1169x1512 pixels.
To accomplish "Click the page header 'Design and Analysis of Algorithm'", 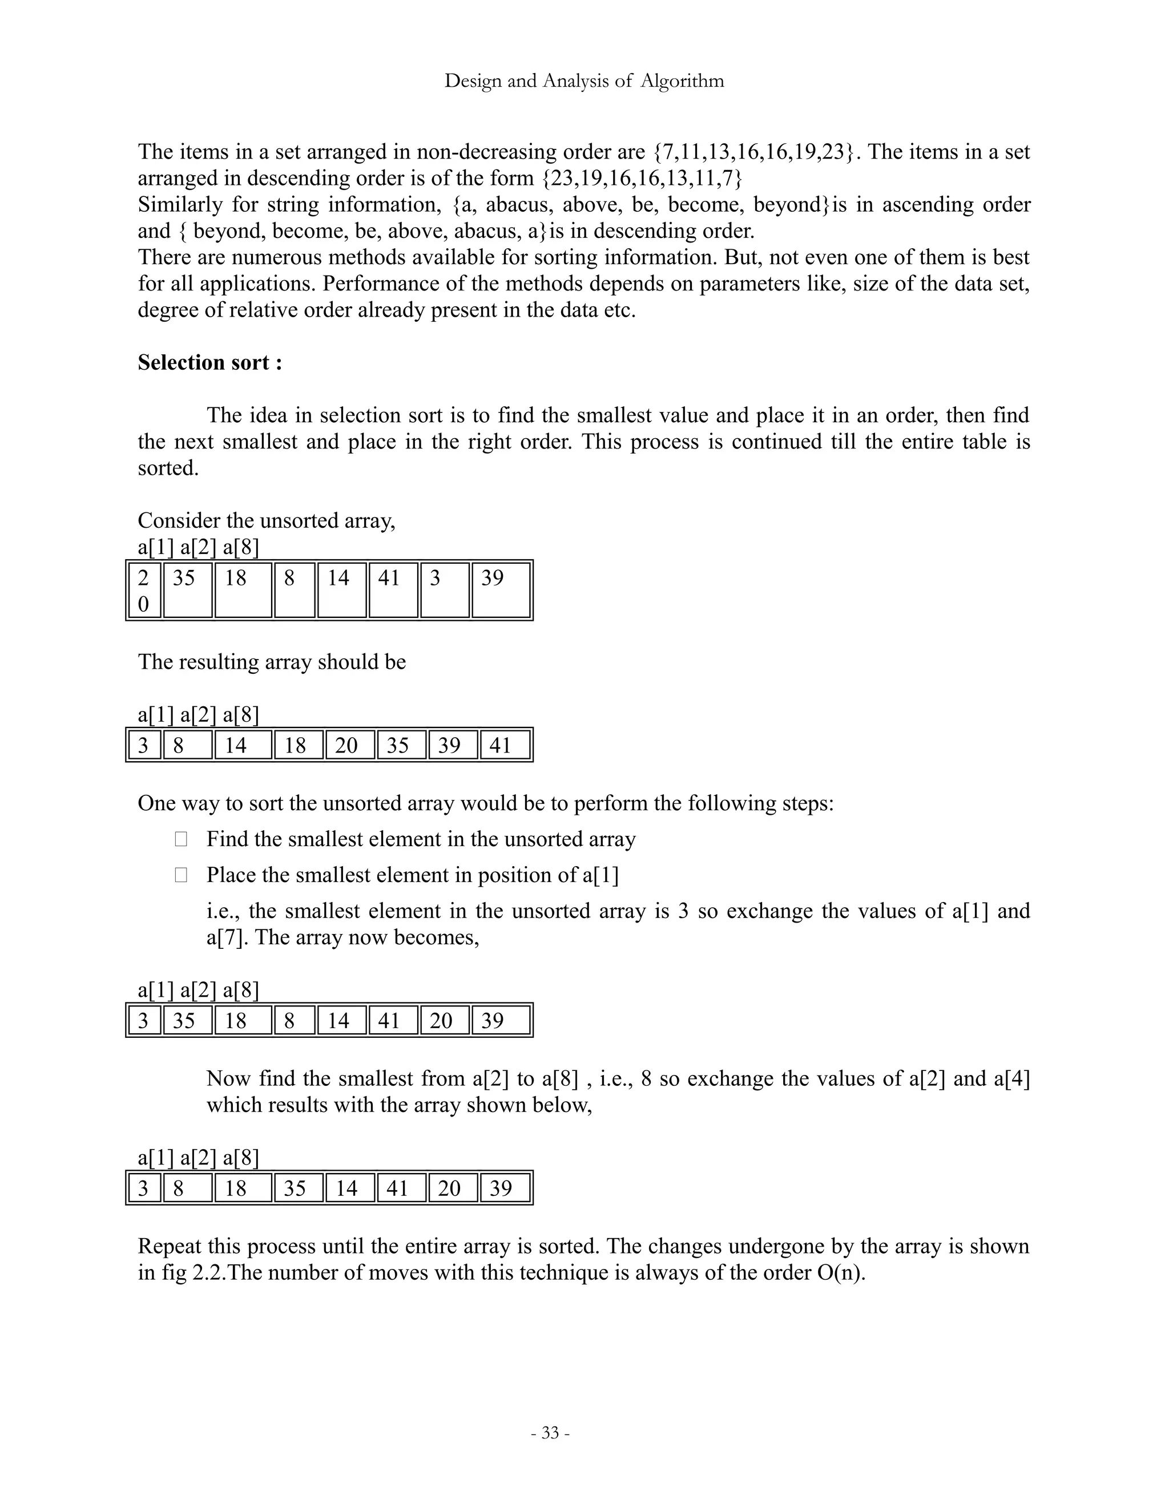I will pyautogui.click(x=584, y=81).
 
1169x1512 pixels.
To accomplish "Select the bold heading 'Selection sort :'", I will pyautogui.click(x=210, y=363).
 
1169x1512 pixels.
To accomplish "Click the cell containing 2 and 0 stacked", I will pyautogui.click(x=144, y=591).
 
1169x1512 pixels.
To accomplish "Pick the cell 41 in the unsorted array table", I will pyautogui.click(x=393, y=590).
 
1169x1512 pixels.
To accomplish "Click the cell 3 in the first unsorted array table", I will pyautogui.click(x=445, y=590).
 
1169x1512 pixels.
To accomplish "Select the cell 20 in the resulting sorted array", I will pyautogui.click(x=350, y=745).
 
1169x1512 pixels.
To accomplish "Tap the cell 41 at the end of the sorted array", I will pyautogui.click(x=505, y=745).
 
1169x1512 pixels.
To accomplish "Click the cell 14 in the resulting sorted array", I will pyautogui.click(x=243, y=745).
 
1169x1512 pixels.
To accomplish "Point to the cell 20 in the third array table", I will pyautogui.click(x=445, y=1021).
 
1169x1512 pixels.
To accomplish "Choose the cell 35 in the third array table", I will pyautogui.click(x=188, y=1021).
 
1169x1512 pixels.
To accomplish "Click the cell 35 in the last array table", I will pyautogui.click(x=299, y=1188).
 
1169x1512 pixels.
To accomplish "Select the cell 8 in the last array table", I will pyautogui.click(x=188, y=1188).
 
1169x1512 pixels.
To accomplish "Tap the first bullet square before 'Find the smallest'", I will pyautogui.click(x=181, y=839).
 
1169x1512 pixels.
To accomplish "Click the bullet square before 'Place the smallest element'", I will pyautogui.click(x=181, y=875).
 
